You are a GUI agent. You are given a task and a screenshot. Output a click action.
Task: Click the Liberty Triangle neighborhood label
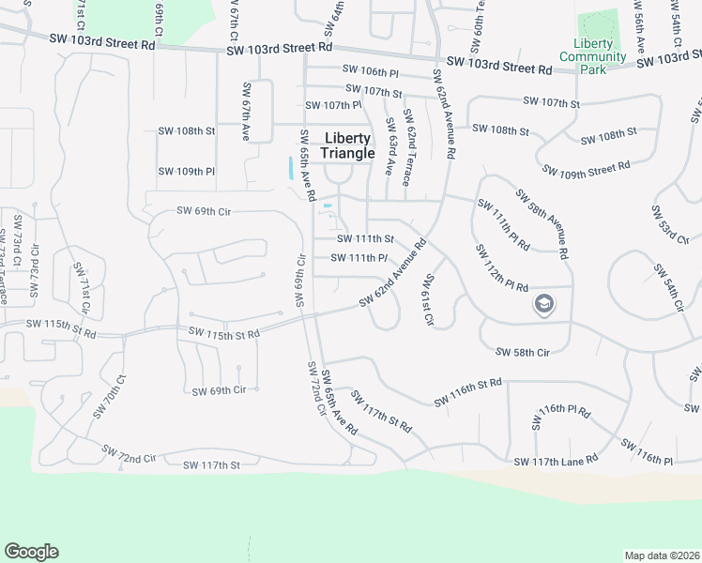point(347,145)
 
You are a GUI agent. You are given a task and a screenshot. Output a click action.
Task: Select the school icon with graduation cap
point(543,304)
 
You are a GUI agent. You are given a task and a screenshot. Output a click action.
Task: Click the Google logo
point(31,552)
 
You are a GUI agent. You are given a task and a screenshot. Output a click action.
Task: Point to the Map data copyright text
point(662,555)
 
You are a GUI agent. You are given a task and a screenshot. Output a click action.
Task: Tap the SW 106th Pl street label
point(371,70)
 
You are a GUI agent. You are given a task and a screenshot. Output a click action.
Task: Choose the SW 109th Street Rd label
point(587,169)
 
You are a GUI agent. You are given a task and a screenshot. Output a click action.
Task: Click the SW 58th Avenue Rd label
point(542,223)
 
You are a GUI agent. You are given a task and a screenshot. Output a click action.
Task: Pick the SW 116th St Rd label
point(468,393)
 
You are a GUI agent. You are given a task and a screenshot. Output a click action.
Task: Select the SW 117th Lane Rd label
point(556,461)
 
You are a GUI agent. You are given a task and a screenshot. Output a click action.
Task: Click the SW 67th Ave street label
point(246,113)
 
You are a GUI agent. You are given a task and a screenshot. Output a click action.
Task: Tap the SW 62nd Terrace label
point(407,146)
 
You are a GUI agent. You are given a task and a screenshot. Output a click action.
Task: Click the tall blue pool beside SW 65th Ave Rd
point(291,168)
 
